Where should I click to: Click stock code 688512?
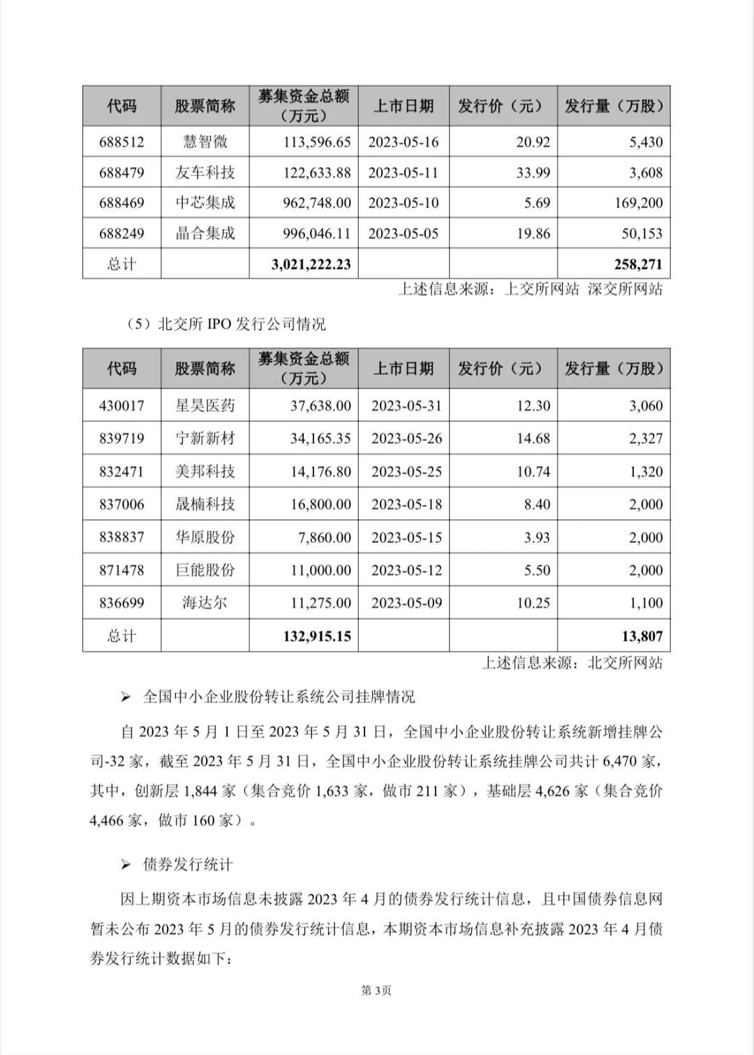[121, 142]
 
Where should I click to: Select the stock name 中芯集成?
[205, 203]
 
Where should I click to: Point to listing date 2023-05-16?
[404, 142]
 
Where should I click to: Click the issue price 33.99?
[533, 173]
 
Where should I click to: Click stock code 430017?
[121, 405]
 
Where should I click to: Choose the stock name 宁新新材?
[205, 438]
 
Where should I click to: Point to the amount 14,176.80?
[320, 472]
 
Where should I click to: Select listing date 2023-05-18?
[406, 504]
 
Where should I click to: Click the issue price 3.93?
[537, 537]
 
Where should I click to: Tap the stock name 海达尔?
[205, 603]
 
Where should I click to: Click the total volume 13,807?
[641, 636]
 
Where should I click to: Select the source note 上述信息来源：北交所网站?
[572, 662]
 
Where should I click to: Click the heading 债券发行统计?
[187, 864]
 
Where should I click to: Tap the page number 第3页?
[376, 990]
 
